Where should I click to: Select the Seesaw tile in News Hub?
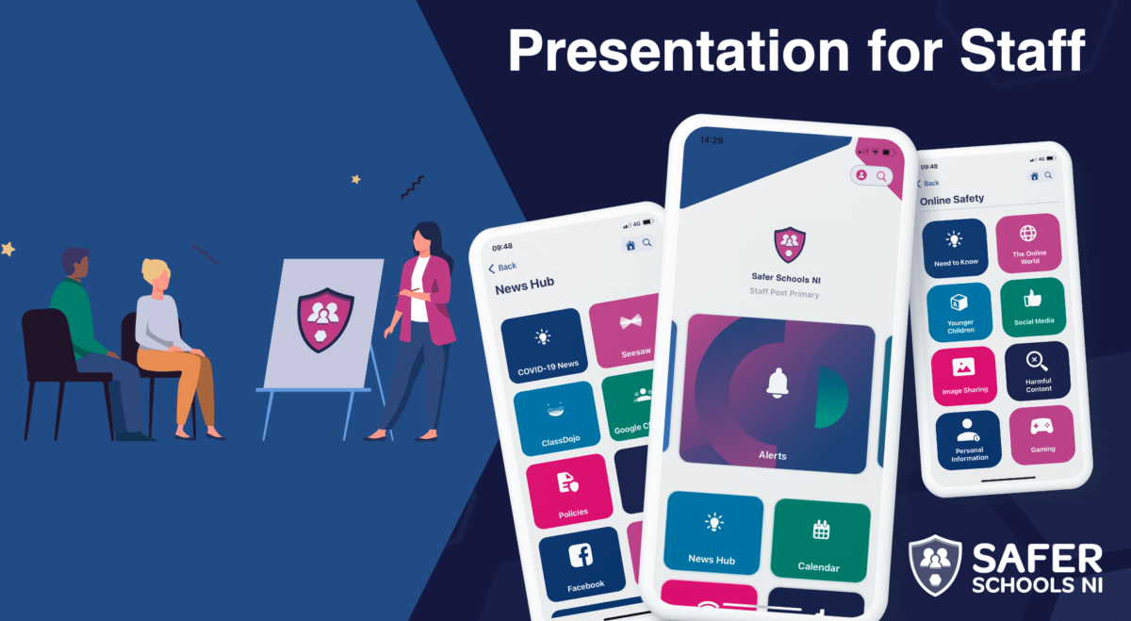pos(631,330)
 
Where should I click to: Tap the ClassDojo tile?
pos(557,419)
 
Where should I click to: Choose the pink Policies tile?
pos(571,490)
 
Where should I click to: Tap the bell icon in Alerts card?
pos(779,382)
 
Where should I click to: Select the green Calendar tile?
pos(821,541)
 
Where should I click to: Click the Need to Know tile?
pos(956,247)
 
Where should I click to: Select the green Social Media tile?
pos(1032,307)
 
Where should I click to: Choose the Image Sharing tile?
pos(964,376)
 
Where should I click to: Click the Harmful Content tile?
pos(1037,371)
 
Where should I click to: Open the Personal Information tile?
pos(969,440)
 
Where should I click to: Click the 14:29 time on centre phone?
pos(712,140)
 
